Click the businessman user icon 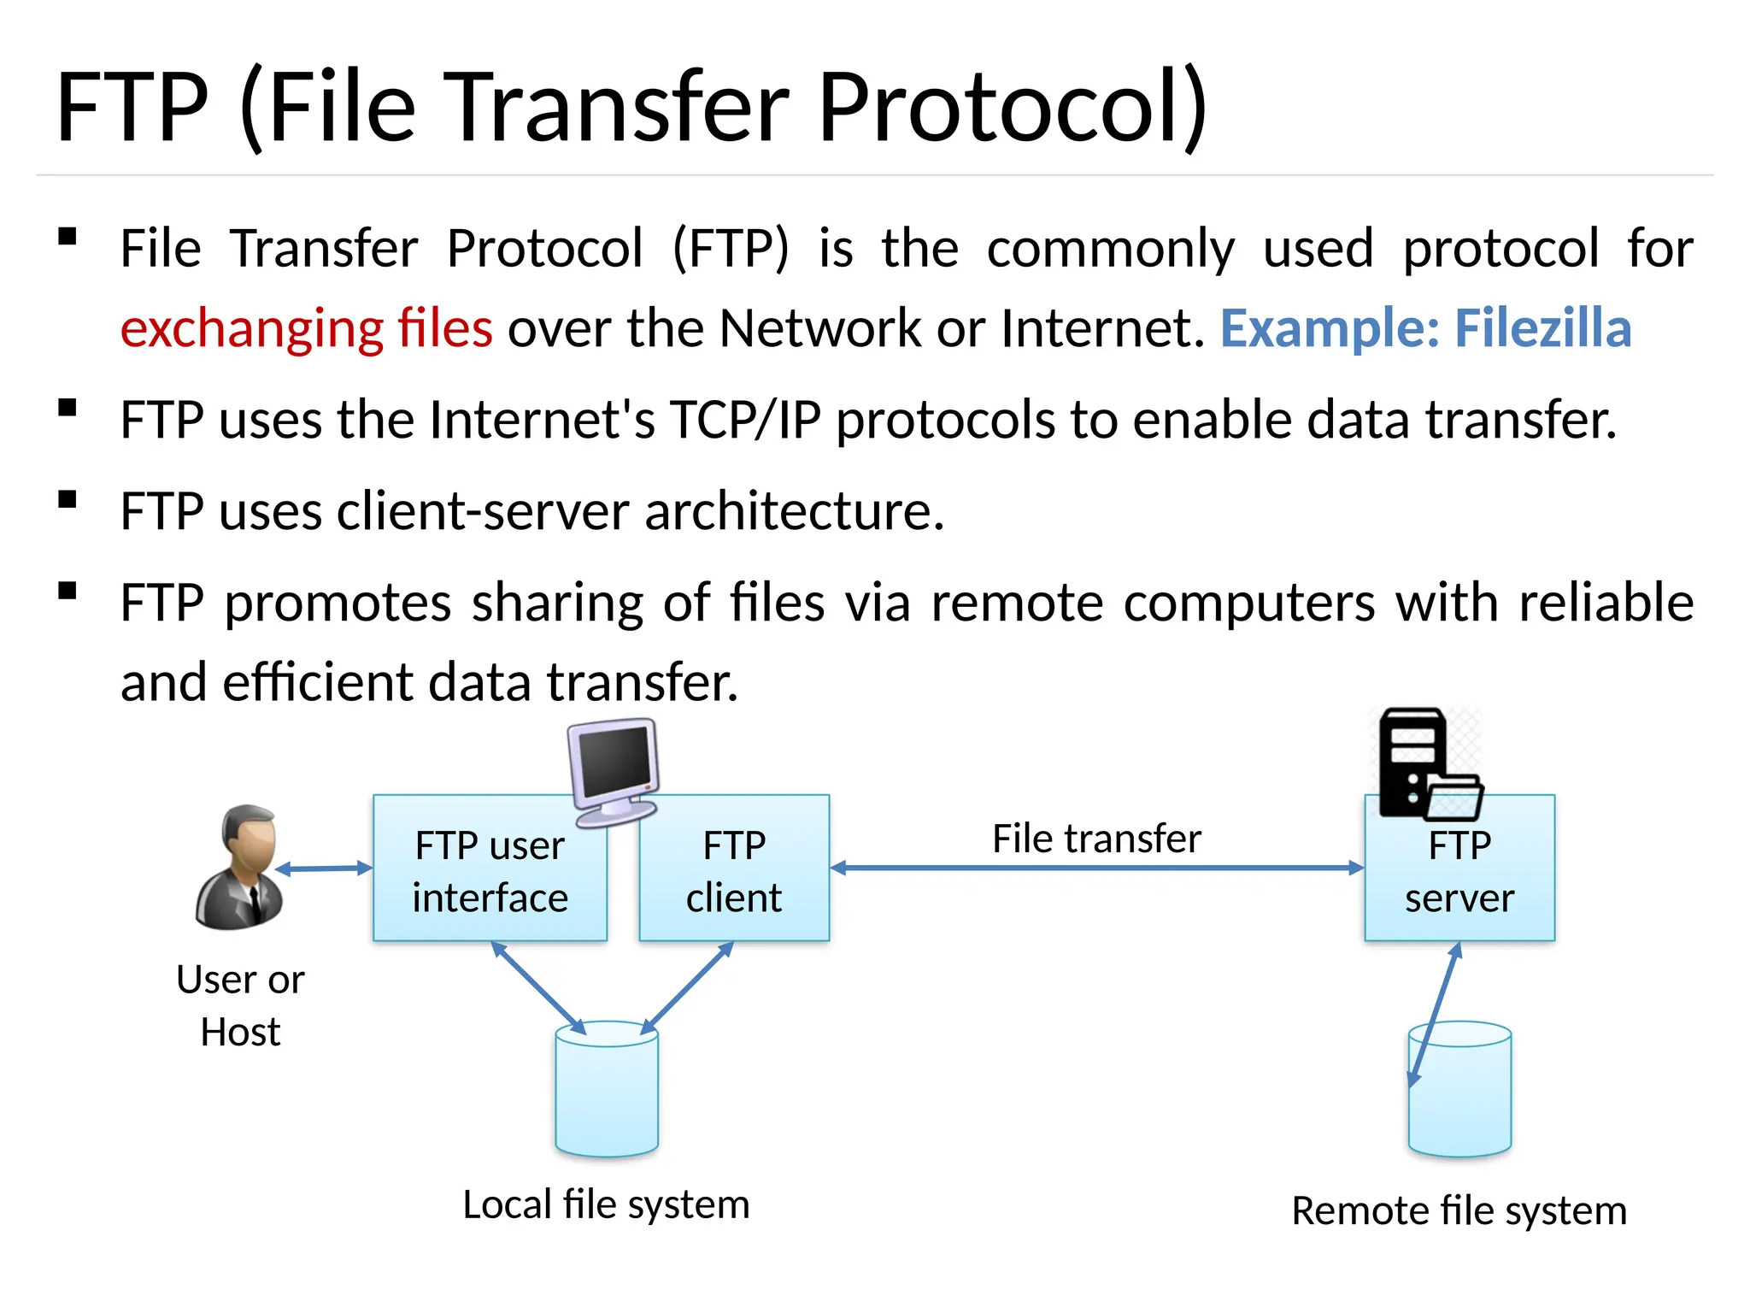tap(239, 867)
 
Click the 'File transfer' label tap(1096, 839)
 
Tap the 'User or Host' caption tap(240, 1005)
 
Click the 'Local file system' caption tap(606, 1204)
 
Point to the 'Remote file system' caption tap(1459, 1210)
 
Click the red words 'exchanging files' tap(307, 328)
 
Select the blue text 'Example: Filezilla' tap(1425, 328)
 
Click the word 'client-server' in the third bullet tap(484, 511)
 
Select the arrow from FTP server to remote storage tap(1435, 1016)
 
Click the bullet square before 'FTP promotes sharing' tap(68, 592)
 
